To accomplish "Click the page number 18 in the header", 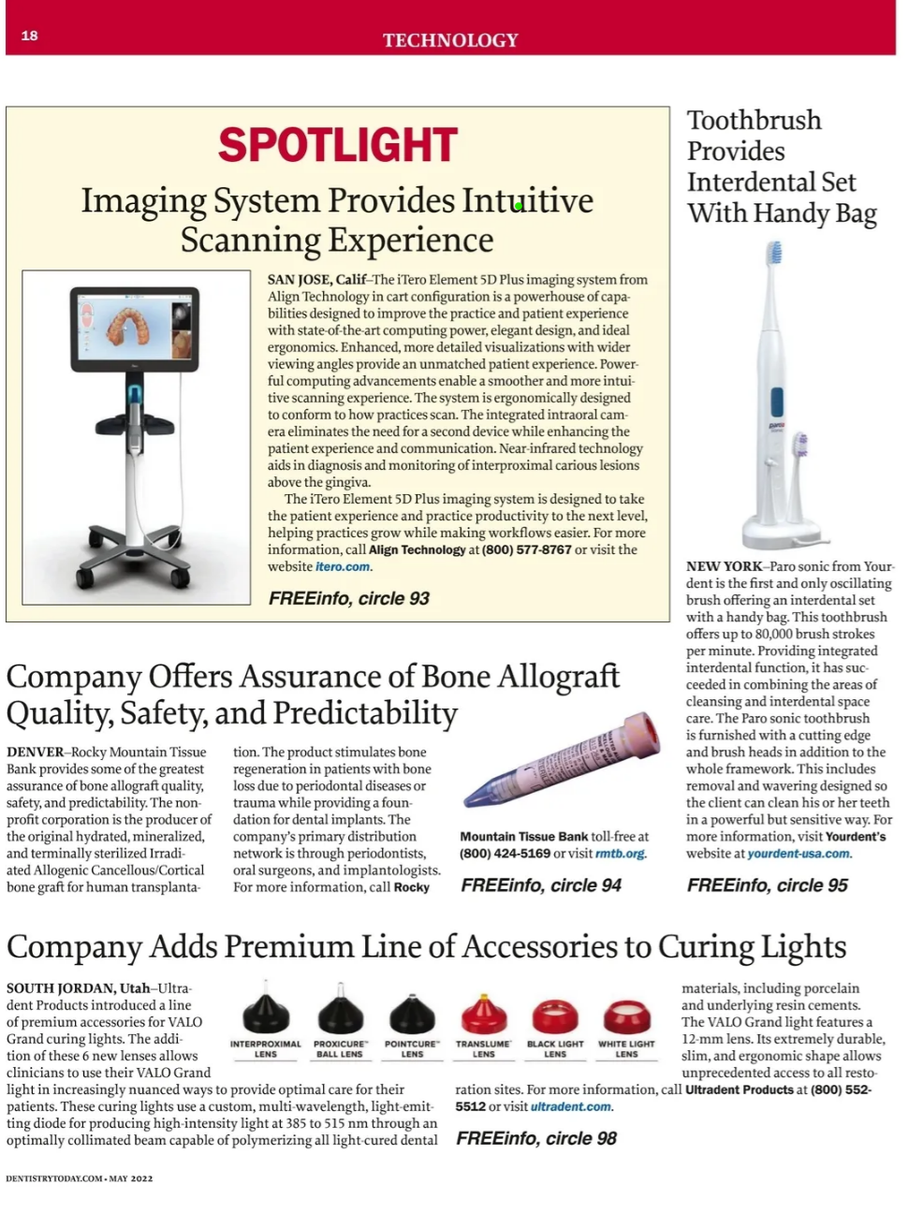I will click(30, 36).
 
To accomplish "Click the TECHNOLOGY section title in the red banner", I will click(450, 40).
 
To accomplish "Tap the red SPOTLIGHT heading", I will click(338, 145).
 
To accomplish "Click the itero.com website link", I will click(343, 566).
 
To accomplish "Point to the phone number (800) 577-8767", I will click(526, 549).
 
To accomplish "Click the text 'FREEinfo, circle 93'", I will click(348, 598).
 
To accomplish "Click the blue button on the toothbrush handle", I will click(777, 402).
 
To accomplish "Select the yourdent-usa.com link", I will click(798, 854).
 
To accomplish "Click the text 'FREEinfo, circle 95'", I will click(767, 884).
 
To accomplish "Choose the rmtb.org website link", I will click(620, 854).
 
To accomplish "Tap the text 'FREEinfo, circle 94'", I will click(541, 884).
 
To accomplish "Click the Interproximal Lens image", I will click(266, 1015).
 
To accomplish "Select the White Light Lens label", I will click(626, 1048).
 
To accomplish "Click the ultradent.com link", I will click(571, 1106).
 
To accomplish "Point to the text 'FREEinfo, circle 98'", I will click(536, 1138).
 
